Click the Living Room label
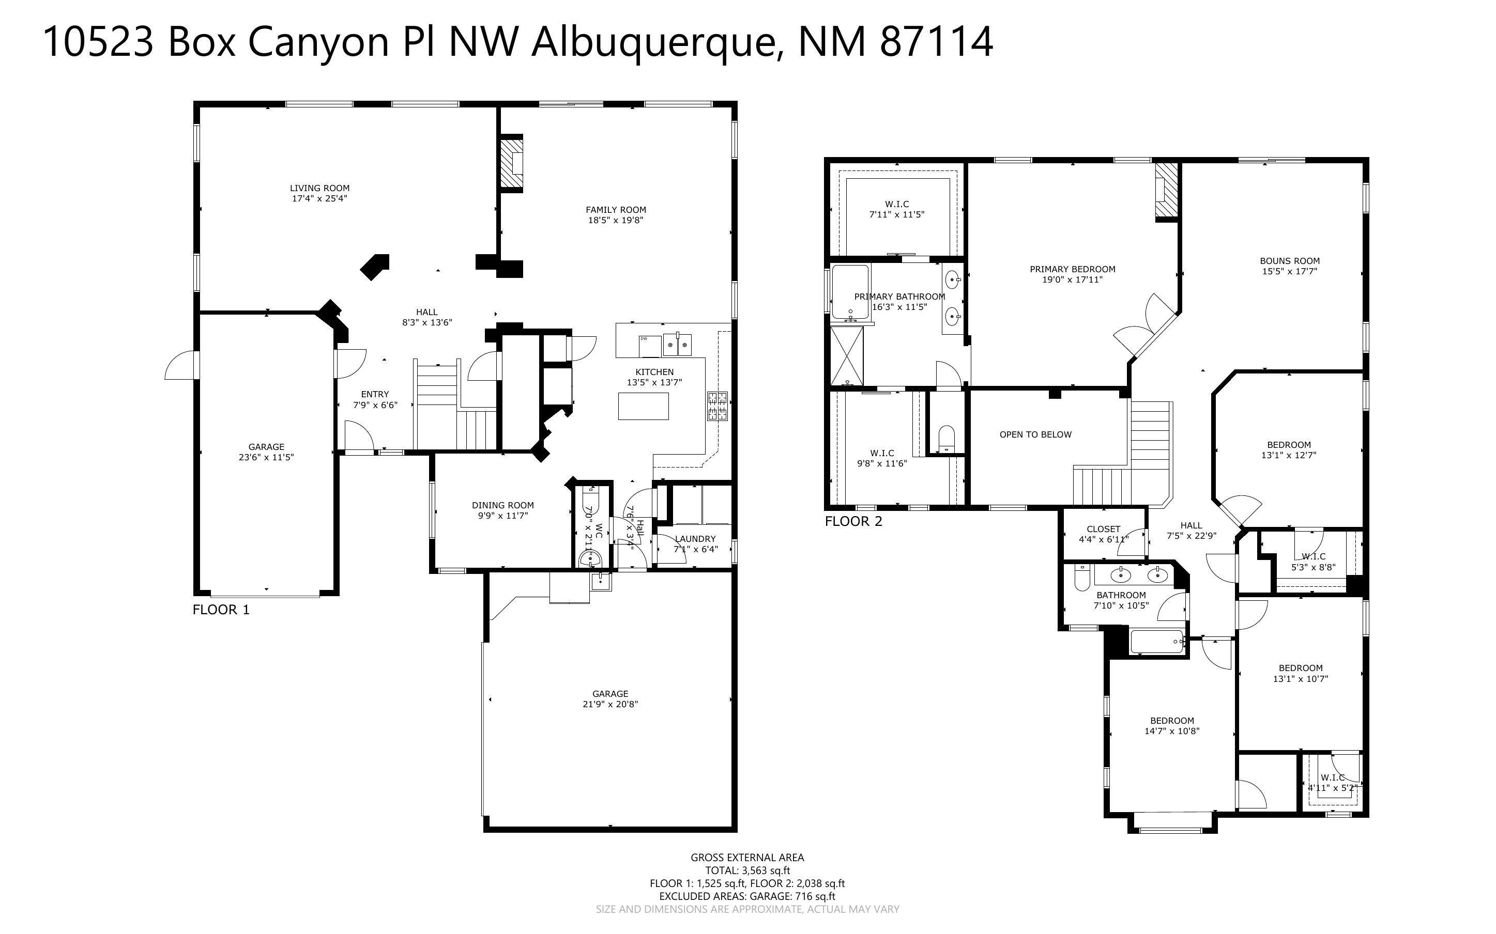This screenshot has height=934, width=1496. click(319, 188)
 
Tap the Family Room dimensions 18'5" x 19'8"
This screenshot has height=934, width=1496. click(616, 220)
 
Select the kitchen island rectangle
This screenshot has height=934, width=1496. click(643, 406)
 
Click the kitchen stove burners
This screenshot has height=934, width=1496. click(718, 406)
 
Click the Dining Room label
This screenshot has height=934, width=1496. click(502, 505)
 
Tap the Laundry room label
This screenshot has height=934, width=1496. click(695, 539)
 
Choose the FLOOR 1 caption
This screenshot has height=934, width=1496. click(221, 610)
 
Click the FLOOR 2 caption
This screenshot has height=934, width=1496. click(853, 521)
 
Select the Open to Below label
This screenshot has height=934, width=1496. click(1035, 434)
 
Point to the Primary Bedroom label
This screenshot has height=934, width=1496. click(1072, 269)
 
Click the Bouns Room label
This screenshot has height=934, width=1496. click(1290, 261)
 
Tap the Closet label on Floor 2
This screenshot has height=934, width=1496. click(1103, 529)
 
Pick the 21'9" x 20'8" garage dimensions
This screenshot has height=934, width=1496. click(610, 704)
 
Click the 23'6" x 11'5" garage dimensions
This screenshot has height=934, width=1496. click(266, 457)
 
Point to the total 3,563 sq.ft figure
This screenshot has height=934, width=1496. click(766, 870)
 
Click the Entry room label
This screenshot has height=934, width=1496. click(375, 394)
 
